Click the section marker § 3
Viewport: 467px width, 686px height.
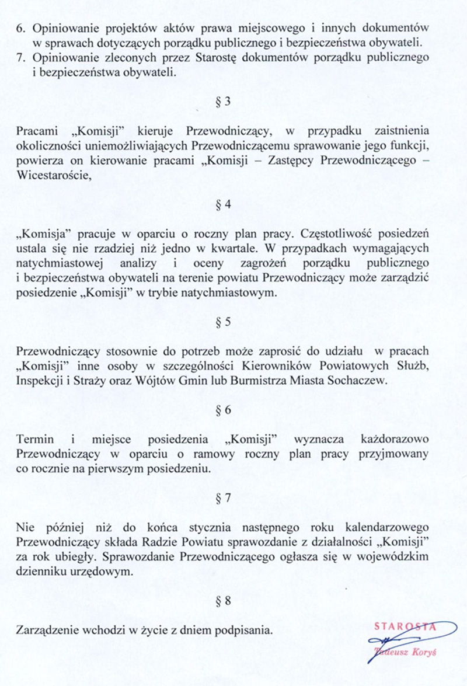224,101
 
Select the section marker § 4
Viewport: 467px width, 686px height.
224,205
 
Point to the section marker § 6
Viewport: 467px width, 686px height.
224,410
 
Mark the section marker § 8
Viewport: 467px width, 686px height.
224,601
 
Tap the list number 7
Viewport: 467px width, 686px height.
22,58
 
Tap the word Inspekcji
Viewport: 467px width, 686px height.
41,380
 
